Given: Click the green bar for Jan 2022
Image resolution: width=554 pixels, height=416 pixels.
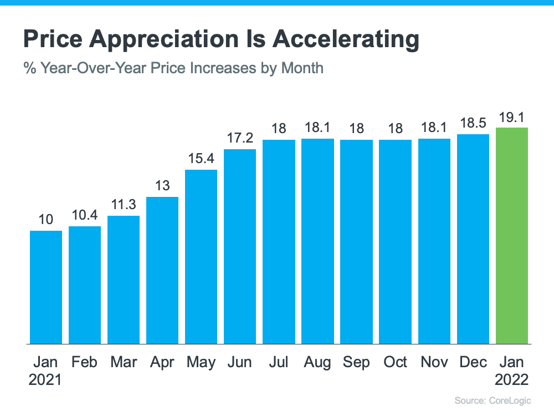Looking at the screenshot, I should pyautogui.click(x=512, y=236).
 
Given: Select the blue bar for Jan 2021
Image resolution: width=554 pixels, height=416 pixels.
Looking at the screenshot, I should pyautogui.click(x=46, y=287).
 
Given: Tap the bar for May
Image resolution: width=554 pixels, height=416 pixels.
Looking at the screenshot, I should pyautogui.click(x=201, y=256).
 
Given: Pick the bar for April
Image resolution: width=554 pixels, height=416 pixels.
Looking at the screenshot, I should pyautogui.click(x=162, y=270).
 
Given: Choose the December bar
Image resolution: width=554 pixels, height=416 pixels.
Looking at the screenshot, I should pyautogui.click(x=473, y=239).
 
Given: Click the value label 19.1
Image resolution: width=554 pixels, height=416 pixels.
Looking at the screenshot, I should pyautogui.click(x=512, y=117).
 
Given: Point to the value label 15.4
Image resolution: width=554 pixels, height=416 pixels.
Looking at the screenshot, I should pyautogui.click(x=201, y=159).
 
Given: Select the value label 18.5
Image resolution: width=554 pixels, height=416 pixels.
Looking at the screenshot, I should pyautogui.click(x=473, y=124).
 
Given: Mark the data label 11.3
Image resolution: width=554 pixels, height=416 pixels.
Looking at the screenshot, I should pyautogui.click(x=124, y=205).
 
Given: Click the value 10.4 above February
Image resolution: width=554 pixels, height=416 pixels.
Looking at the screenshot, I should pyautogui.click(x=85, y=216).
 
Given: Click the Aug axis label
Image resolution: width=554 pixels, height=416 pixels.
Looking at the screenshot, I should pyautogui.click(x=317, y=362).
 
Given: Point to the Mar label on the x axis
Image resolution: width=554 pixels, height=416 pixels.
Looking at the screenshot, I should pyautogui.click(x=124, y=362).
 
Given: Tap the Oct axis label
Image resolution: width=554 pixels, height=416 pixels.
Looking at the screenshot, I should pyautogui.click(x=396, y=362).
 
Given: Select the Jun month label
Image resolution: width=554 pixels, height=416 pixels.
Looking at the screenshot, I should pyautogui.click(x=240, y=362).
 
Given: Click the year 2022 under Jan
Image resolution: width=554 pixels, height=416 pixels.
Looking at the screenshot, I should pyautogui.click(x=512, y=380).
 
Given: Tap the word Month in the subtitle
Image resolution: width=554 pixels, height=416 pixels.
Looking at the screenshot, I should pyautogui.click(x=302, y=68).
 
